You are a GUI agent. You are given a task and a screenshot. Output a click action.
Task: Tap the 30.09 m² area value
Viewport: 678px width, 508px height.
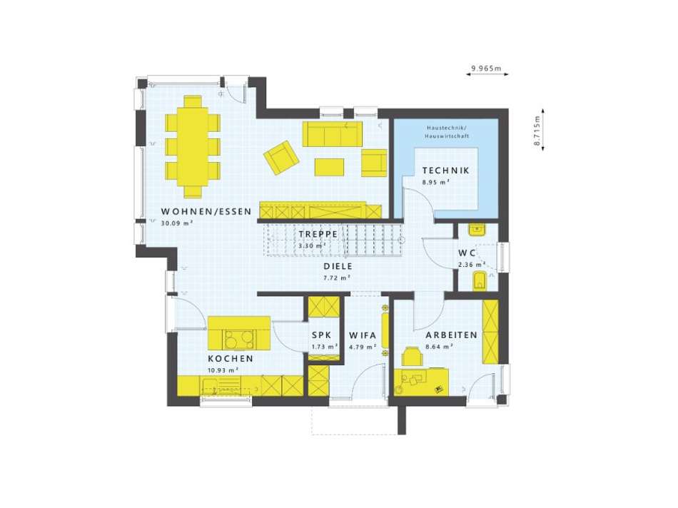[x=168, y=223]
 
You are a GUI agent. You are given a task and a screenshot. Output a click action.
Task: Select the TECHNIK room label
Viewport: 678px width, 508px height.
[x=445, y=171]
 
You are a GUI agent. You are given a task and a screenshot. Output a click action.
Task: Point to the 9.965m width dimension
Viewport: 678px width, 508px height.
[x=486, y=69]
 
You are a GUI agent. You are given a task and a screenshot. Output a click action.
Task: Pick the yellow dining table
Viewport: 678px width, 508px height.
[x=192, y=146]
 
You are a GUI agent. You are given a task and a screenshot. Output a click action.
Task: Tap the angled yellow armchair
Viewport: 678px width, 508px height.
[x=281, y=156]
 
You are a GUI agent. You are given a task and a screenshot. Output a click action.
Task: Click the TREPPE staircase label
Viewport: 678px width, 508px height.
[x=318, y=234]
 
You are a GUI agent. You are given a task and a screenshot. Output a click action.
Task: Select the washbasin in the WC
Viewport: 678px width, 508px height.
[x=476, y=229]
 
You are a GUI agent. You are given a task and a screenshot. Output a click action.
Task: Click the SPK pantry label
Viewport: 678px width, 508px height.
[x=320, y=335]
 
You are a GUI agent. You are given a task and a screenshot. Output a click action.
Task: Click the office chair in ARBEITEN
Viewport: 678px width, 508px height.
[x=412, y=355]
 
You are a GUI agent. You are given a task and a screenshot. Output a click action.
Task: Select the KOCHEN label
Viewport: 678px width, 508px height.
[x=230, y=359]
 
